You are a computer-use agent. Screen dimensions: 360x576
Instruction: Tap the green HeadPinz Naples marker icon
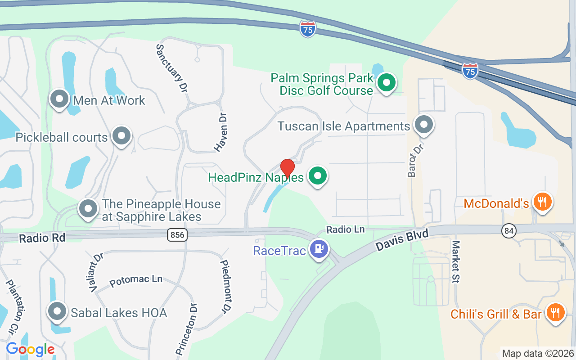click(318, 176)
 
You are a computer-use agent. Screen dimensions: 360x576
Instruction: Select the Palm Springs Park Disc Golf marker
click(386, 83)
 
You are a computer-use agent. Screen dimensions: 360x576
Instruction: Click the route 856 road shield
click(177, 234)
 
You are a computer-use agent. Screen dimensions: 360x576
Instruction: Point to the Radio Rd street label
click(42, 238)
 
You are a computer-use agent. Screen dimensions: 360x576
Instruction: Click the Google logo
click(30, 349)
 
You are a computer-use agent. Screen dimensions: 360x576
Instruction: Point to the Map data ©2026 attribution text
click(538, 353)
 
